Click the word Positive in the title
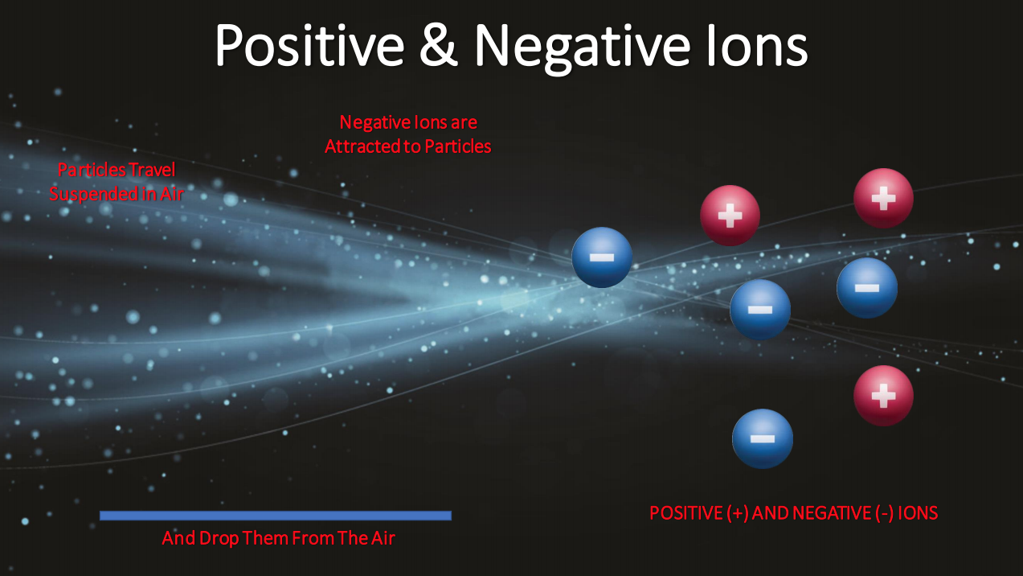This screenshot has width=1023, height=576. (309, 46)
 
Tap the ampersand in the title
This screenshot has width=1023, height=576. (439, 45)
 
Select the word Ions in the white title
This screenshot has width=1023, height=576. (757, 46)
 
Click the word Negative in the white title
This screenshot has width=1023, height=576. (583, 47)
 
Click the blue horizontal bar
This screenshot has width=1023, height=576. (276, 516)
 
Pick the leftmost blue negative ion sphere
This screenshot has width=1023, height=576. (602, 257)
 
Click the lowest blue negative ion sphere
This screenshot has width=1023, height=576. (762, 439)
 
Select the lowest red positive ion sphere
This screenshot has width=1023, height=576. (883, 396)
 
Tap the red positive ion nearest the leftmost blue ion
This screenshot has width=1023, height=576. (730, 216)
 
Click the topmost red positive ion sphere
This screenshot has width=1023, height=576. (883, 198)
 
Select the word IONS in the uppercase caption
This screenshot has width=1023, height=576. (918, 513)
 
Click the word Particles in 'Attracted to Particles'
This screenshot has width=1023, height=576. (457, 146)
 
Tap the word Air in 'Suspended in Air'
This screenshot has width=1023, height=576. (172, 195)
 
